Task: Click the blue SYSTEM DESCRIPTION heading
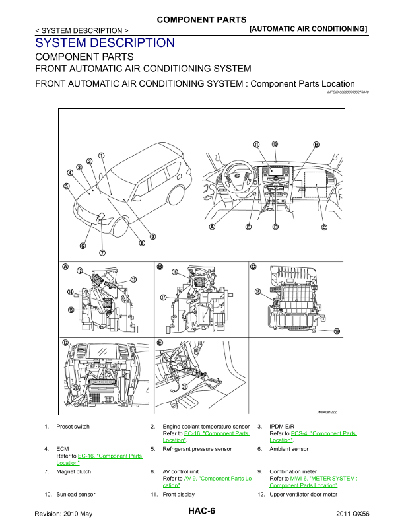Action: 105,43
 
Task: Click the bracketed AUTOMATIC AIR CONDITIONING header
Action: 308,29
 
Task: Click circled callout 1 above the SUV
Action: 102,157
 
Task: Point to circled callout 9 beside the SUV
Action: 152,236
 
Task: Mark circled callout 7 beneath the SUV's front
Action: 102,252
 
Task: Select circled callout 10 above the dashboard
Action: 275,144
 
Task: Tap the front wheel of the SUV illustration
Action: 119,225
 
